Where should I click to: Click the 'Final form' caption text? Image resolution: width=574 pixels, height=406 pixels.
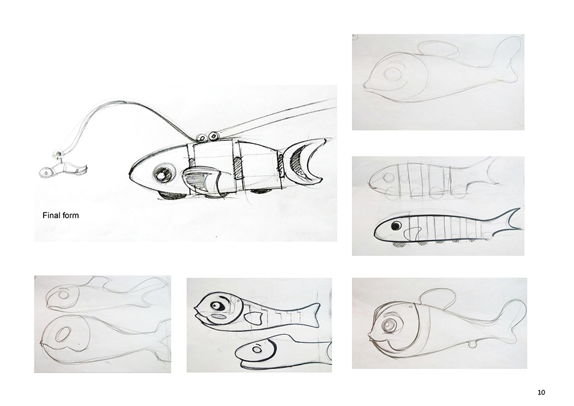tap(60, 215)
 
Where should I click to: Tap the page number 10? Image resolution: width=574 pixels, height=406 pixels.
tap(541, 392)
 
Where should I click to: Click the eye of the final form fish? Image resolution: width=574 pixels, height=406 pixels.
tap(161, 175)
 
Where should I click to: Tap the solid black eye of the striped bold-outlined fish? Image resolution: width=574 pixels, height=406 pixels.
tap(395, 226)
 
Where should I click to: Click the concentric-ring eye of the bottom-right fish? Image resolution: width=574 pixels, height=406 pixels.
tap(389, 325)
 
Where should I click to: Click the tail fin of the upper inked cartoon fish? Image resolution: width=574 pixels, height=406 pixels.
tap(311, 315)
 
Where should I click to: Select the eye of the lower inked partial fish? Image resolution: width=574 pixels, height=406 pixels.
tap(257, 350)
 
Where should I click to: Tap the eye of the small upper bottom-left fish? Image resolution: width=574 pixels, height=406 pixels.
tap(63, 295)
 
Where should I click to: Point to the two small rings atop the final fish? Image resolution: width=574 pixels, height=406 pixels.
tap(207, 137)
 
